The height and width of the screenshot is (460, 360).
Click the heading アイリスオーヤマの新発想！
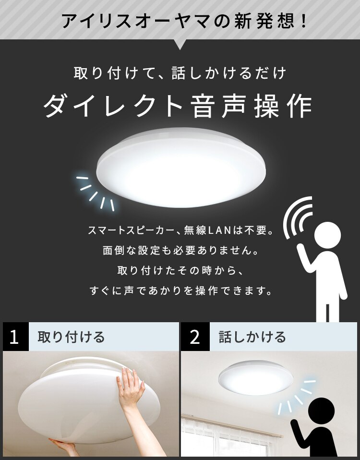tap(185, 21)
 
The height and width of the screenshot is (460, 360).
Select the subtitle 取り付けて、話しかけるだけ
tap(180, 73)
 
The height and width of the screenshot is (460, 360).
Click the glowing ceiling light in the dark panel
tap(181, 168)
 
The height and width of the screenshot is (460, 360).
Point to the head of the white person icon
tap(327, 235)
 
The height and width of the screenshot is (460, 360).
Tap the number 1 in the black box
tap(14, 337)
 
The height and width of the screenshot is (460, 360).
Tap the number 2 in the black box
tap(195, 337)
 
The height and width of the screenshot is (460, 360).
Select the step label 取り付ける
tap(71, 337)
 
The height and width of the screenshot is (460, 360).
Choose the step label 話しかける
tap(252, 337)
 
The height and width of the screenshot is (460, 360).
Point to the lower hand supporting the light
tap(63, 447)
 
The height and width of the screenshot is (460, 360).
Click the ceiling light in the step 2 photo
tap(256, 378)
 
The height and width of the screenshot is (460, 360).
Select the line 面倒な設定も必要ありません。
tap(181, 251)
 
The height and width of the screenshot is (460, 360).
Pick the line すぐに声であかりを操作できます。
tap(181, 291)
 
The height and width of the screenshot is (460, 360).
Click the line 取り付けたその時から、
tap(181, 270)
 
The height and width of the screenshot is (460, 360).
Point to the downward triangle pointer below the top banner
tap(180, 45)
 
